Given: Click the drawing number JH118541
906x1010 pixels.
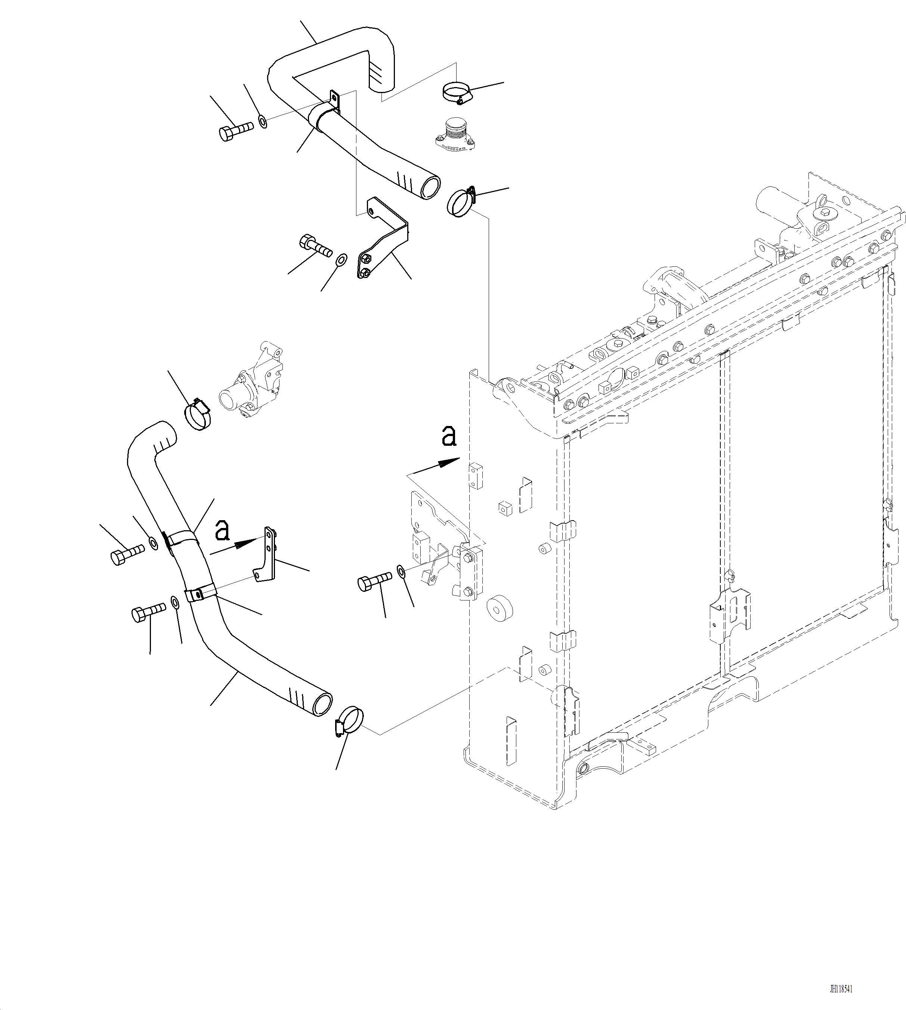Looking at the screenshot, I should point(841,989).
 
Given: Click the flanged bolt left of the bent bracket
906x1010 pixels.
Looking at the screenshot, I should point(315,245).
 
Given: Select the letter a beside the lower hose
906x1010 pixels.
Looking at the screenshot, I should point(222,530).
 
